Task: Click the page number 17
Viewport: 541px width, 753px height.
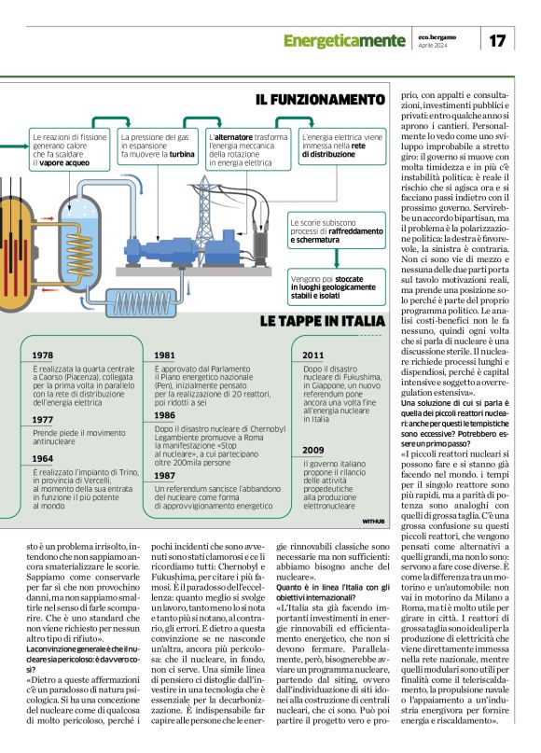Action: [x=496, y=40]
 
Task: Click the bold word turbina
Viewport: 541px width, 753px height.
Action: [x=182, y=155]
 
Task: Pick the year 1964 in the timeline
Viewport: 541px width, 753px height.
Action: [x=42, y=459]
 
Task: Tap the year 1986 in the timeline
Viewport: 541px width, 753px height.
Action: [x=165, y=415]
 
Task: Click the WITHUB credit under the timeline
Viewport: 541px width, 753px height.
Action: [x=373, y=520]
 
